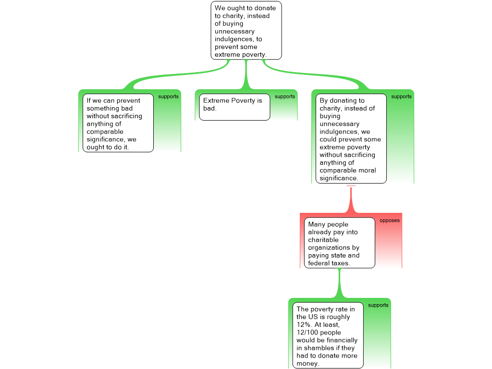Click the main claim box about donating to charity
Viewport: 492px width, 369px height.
click(246, 30)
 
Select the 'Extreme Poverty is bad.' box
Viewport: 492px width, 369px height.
click(234, 107)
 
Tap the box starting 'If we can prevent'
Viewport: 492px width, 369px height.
click(118, 123)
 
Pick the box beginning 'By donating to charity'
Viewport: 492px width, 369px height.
click(351, 138)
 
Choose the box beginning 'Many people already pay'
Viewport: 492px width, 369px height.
click(340, 243)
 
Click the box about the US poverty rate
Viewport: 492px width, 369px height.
click(328, 335)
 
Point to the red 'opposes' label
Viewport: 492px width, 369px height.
click(389, 220)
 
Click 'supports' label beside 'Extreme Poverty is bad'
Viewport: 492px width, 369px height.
click(285, 97)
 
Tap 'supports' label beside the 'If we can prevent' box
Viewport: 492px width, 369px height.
click(168, 97)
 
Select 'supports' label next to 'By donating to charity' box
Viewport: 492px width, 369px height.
click(401, 97)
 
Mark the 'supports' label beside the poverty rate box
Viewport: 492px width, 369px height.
click(378, 305)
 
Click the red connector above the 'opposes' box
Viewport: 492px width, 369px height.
click(351, 199)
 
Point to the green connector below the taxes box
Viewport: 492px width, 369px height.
click(340, 283)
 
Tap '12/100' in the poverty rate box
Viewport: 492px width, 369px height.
click(307, 332)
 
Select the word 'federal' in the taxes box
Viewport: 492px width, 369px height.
click(318, 263)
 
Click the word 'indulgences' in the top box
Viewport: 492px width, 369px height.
click(234, 39)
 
